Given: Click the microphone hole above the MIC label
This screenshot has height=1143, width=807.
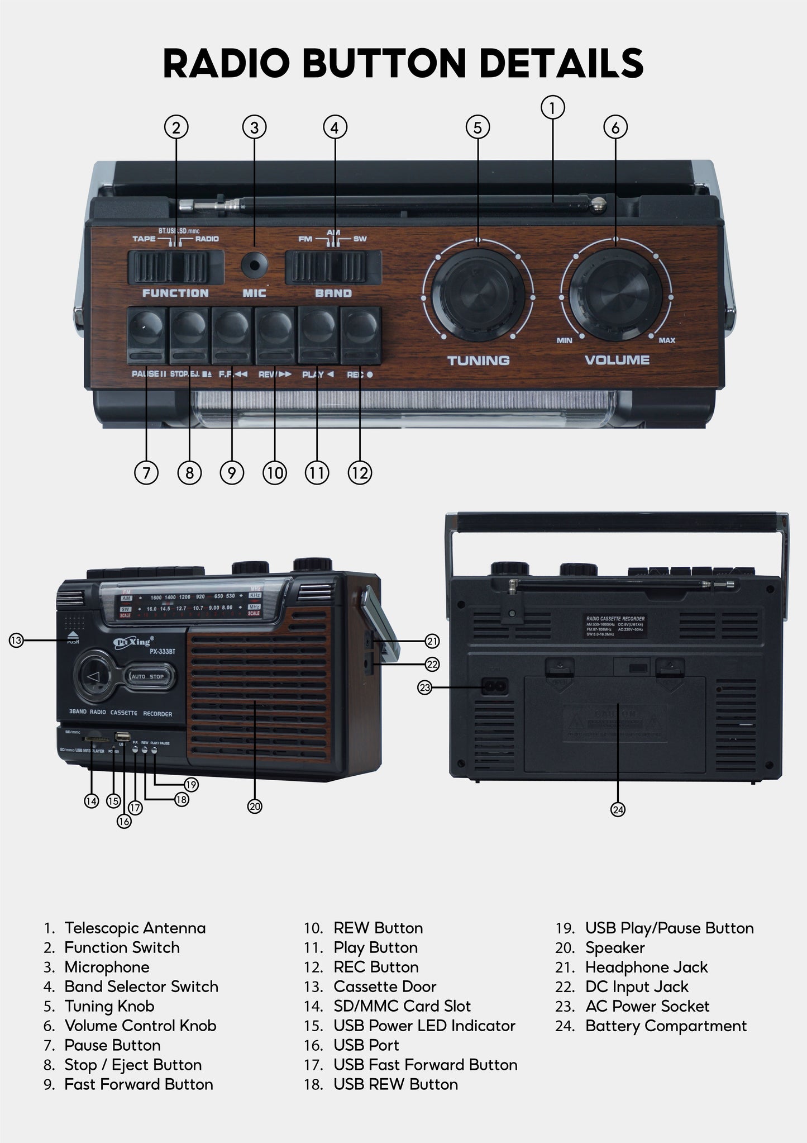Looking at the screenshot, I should point(254,265).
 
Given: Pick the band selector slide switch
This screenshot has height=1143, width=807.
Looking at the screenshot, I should point(333,267).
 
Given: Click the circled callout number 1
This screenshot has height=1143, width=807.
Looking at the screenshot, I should point(552,107).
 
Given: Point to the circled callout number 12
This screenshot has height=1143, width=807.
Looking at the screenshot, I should point(360,473).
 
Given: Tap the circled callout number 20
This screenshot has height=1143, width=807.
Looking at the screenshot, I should point(255,806).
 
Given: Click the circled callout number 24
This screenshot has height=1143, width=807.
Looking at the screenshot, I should point(618,809).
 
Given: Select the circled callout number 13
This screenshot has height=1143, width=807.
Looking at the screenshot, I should point(16,640).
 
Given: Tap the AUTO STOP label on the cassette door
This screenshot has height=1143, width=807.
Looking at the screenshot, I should point(147,677).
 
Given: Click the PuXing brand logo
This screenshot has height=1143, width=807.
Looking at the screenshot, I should point(133,643).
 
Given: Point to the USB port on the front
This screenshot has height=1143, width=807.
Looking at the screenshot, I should point(122,737).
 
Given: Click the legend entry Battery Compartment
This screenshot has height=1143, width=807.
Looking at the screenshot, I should point(665,1026).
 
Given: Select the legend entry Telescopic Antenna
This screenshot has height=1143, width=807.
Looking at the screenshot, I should point(135,928).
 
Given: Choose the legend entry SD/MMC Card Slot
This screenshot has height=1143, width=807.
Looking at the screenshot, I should point(402,1007).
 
